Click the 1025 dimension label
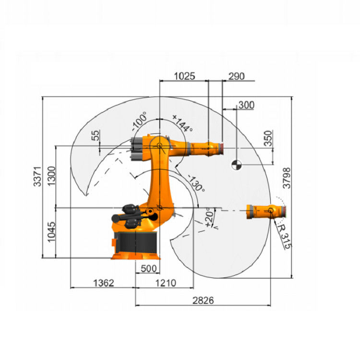185,76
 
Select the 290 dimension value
237,76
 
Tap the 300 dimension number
246,105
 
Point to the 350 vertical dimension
268,138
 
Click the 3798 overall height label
287,178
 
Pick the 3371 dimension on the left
37,176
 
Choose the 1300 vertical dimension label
51,176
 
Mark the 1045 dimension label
51,232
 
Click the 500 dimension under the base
148,268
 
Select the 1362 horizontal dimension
104,283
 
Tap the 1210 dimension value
166,283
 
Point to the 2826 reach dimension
203,300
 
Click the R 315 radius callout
284,237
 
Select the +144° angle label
182,123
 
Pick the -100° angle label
139,121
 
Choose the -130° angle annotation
196,183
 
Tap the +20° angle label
209,217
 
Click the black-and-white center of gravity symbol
237,165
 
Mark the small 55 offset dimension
96,135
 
